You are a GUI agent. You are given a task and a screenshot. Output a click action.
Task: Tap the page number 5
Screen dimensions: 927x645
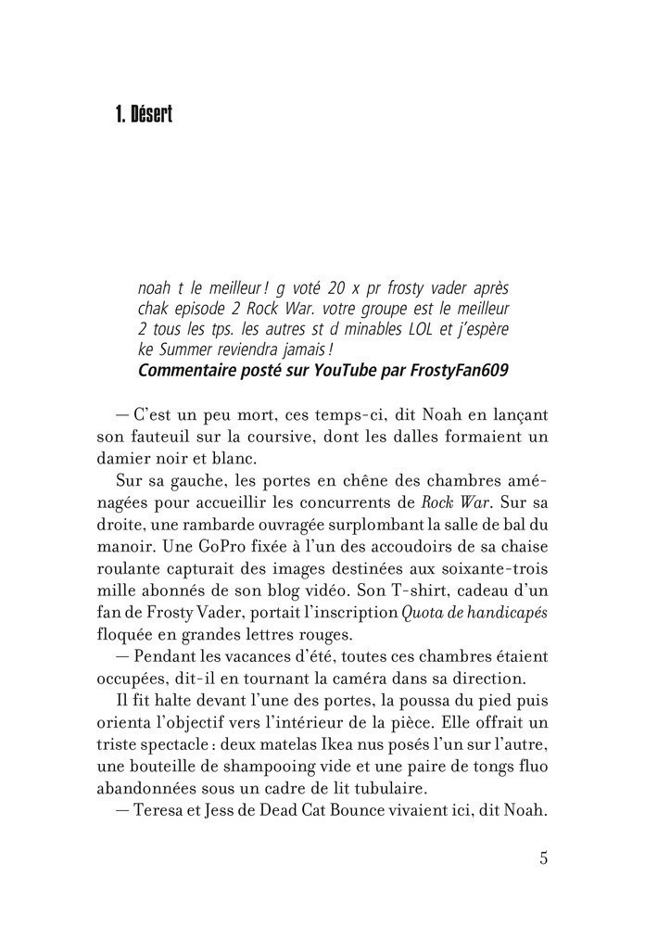click(x=543, y=857)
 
